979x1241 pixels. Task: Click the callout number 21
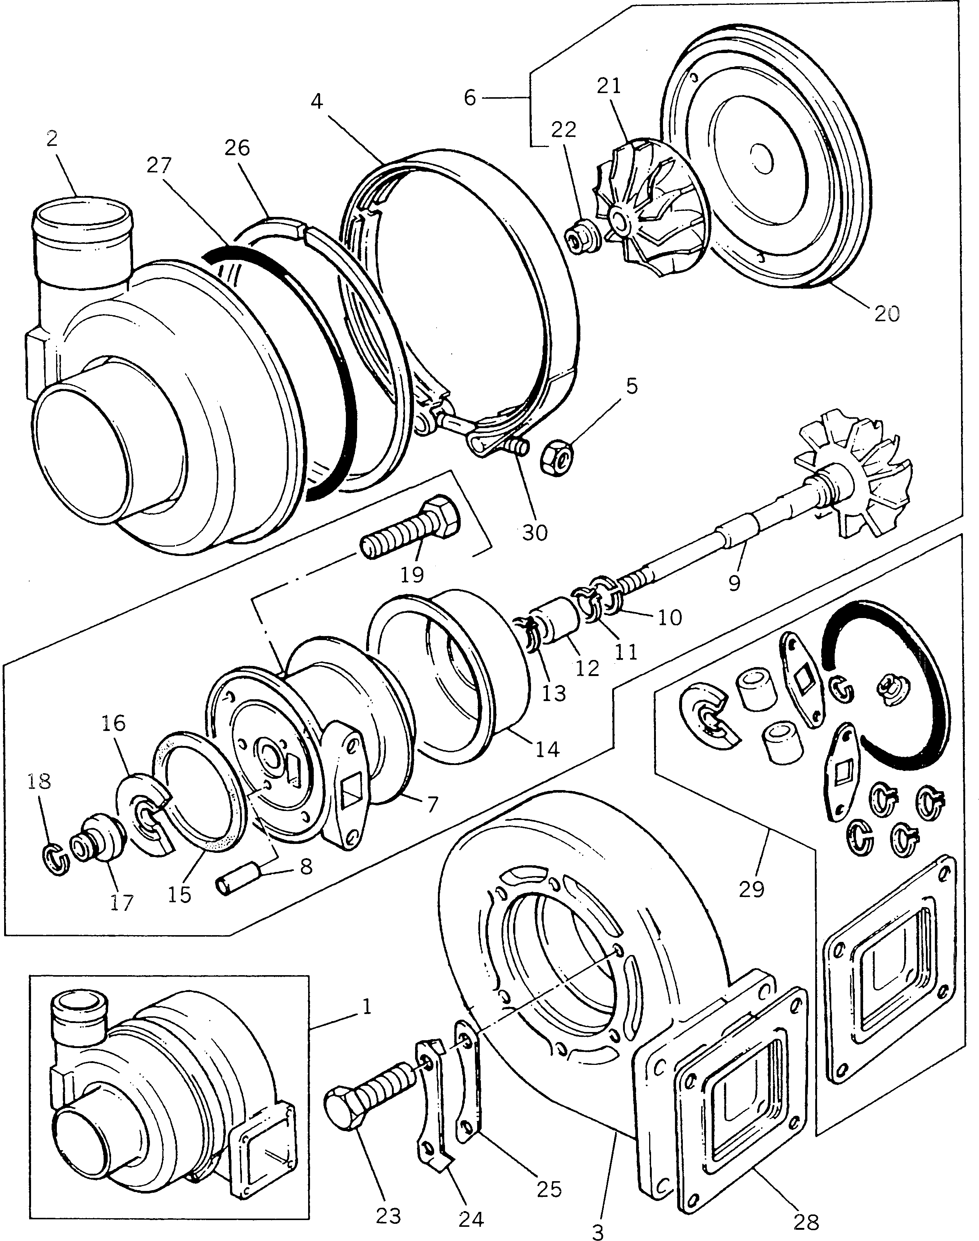click(x=609, y=86)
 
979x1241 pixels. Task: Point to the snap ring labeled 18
click(x=56, y=860)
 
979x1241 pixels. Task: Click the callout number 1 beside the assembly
click(x=367, y=1007)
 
